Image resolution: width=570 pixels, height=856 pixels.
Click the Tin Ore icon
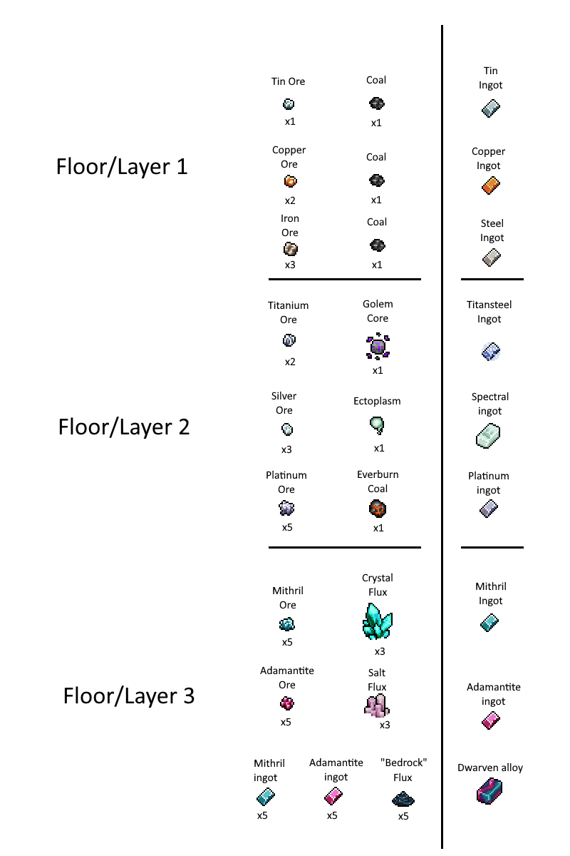289,104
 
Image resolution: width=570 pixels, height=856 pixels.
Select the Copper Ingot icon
491,185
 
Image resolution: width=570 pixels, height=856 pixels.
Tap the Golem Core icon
378,347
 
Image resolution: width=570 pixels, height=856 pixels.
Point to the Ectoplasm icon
377,425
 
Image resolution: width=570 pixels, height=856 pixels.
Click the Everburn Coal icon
378,509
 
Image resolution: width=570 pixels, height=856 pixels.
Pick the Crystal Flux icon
377,621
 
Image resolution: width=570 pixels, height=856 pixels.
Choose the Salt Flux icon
377,705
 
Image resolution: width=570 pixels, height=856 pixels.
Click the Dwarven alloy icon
489,791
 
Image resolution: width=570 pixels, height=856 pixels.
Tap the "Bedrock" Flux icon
403,800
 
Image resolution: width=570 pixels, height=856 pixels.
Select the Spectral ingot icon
488,436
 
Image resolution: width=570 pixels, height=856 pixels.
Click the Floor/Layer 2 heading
124,427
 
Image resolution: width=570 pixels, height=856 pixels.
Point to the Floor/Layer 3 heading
129,696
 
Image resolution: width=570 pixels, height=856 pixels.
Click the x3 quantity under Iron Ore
290,265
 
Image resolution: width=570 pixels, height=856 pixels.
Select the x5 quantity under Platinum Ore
287,527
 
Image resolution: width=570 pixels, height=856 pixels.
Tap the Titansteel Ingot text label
489,312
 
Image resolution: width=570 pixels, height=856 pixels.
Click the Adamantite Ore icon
286,703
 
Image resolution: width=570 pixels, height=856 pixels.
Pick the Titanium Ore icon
289,340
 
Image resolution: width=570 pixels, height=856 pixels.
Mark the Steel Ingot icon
492,258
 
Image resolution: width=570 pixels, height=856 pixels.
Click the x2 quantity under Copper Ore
290,200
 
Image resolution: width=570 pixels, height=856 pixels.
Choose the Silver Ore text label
284,403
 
